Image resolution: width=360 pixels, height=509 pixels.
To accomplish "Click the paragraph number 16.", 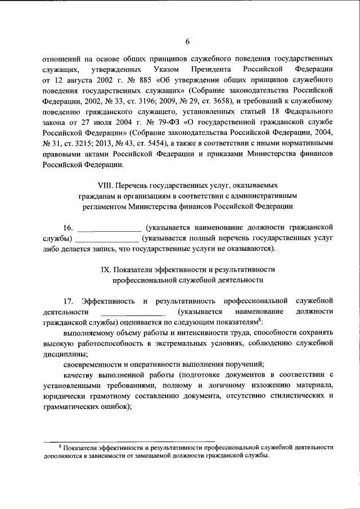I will click(x=67, y=227).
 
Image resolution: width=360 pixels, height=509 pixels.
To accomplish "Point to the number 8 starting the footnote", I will click(x=59, y=445).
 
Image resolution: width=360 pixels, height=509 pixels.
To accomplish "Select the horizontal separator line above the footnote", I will click(x=130, y=440).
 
